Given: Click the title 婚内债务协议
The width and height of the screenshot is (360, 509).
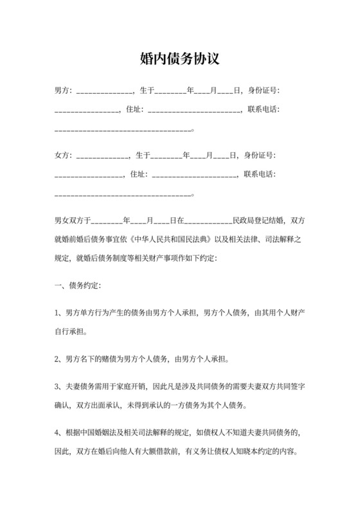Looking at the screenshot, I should coord(180,59).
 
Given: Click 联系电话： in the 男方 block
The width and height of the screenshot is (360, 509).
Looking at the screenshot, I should coord(264,110).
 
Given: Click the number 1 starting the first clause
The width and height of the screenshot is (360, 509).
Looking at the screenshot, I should coord(57,313).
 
